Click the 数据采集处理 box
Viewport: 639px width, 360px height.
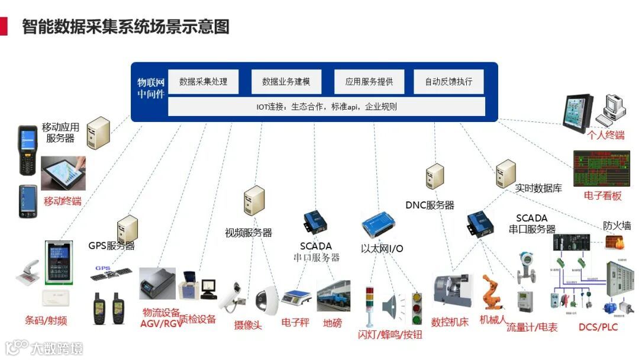203,82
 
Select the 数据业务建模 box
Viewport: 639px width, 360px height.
286,82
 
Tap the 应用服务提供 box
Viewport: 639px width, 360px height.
369,82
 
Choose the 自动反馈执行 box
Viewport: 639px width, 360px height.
448,82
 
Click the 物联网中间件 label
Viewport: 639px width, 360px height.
150,88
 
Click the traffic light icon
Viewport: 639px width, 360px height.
417,307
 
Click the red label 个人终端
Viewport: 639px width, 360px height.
605,135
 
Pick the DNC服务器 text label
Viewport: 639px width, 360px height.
430,205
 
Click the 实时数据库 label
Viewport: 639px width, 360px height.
538,188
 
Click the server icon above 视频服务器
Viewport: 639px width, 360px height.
254,201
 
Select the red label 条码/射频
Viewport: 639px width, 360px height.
46,321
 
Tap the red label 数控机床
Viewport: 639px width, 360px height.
450,322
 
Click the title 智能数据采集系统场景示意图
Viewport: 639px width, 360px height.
125,27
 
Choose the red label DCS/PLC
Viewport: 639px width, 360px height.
598,327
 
